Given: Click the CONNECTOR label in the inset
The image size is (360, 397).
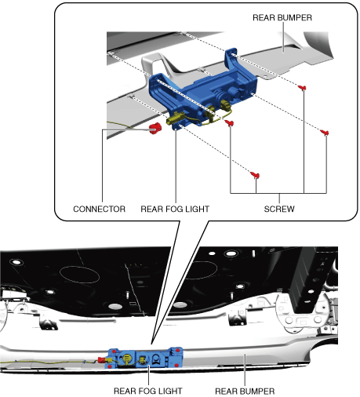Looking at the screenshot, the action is click(x=100, y=209).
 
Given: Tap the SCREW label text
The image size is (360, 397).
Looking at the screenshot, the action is click(x=279, y=209).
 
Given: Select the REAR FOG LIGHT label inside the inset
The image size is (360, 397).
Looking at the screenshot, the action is click(x=175, y=209).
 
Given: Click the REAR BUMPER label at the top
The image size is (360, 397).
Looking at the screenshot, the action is click(x=282, y=17).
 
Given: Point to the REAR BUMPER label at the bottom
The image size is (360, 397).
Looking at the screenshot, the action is click(x=245, y=392).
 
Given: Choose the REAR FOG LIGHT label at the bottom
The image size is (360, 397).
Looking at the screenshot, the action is click(x=148, y=391).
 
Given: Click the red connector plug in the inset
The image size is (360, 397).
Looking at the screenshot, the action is click(x=155, y=128).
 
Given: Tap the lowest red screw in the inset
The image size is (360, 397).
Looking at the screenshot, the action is click(x=255, y=175).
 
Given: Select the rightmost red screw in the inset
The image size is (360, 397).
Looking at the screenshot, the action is click(x=325, y=133).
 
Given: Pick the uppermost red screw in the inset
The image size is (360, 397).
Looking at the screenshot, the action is click(x=302, y=88).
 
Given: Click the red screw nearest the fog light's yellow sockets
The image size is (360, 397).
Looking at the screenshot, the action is click(x=229, y=122).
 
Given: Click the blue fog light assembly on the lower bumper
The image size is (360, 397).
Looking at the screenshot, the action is click(x=145, y=358).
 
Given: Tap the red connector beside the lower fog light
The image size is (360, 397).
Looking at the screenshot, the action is click(x=101, y=360).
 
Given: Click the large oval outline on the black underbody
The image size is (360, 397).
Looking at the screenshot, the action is click(x=79, y=275).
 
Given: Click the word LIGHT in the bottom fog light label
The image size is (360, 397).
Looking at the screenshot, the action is click(x=170, y=391).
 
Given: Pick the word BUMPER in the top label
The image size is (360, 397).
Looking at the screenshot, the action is click(x=295, y=17).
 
